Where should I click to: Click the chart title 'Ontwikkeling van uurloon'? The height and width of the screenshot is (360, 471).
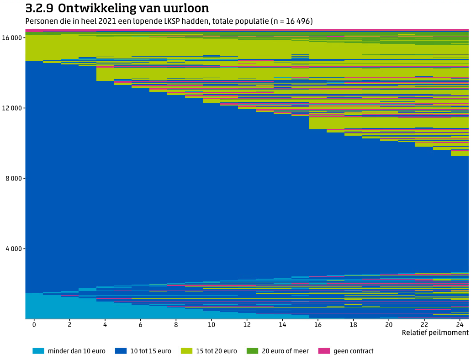(x=133, y=8)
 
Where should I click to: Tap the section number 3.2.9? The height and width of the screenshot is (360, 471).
(x=39, y=8)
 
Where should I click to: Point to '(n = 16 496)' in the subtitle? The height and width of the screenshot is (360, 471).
(x=291, y=21)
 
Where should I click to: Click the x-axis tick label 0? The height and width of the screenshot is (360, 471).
(x=34, y=324)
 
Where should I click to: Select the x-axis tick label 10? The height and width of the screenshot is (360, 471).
(x=211, y=324)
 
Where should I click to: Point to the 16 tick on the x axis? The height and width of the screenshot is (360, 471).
(x=318, y=324)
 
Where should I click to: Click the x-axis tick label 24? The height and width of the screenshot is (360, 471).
(x=460, y=324)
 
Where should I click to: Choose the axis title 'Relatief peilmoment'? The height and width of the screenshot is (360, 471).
(x=435, y=333)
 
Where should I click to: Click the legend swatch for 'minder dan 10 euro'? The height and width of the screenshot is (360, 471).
(x=38, y=351)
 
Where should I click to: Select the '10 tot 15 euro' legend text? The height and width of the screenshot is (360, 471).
(x=151, y=351)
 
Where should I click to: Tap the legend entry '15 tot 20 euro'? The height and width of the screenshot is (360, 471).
(x=217, y=351)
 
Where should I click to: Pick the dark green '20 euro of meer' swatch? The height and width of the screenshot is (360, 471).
(x=252, y=351)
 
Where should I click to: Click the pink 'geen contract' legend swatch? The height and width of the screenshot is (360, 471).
(x=323, y=351)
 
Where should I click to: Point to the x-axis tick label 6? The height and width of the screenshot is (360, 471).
(x=140, y=324)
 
